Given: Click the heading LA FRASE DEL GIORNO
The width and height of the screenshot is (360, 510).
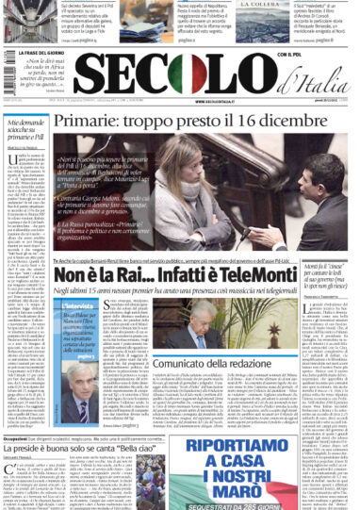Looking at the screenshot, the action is point(39,54).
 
